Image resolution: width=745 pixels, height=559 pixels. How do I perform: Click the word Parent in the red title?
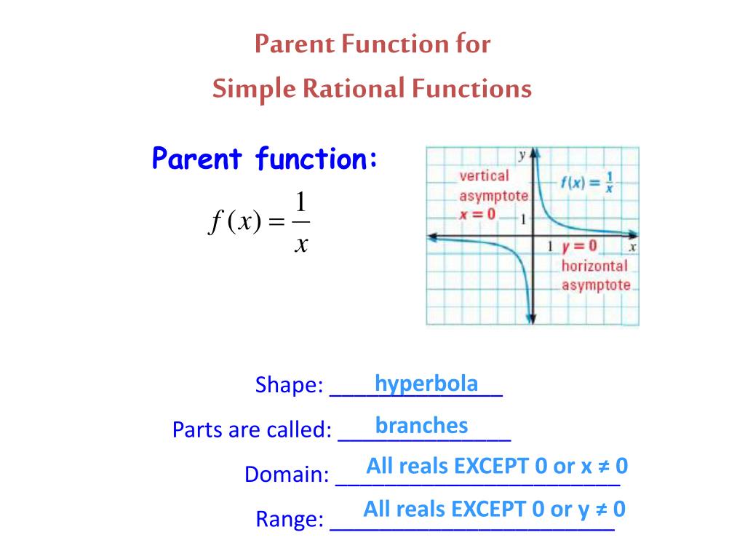click(x=288, y=44)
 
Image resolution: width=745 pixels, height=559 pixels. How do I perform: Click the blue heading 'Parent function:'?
click(x=265, y=158)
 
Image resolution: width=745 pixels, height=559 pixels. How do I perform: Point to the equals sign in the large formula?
click(x=278, y=223)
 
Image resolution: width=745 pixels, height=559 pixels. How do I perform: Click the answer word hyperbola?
click(x=426, y=384)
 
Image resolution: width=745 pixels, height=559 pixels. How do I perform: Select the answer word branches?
click(x=421, y=426)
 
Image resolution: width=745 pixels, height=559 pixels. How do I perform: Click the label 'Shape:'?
click(x=289, y=385)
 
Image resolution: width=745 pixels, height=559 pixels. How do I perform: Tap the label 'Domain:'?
click(x=287, y=475)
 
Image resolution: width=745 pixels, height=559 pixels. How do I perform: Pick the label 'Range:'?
click(x=290, y=520)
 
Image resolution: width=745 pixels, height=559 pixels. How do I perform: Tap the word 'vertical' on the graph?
click(x=484, y=175)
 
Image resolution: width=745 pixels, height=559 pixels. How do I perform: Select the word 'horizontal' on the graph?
click(x=594, y=266)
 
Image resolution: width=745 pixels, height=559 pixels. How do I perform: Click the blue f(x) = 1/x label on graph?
click(x=586, y=183)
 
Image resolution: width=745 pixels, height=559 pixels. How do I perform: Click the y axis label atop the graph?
click(x=522, y=154)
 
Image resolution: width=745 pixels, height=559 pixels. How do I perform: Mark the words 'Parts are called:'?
click(x=252, y=430)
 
